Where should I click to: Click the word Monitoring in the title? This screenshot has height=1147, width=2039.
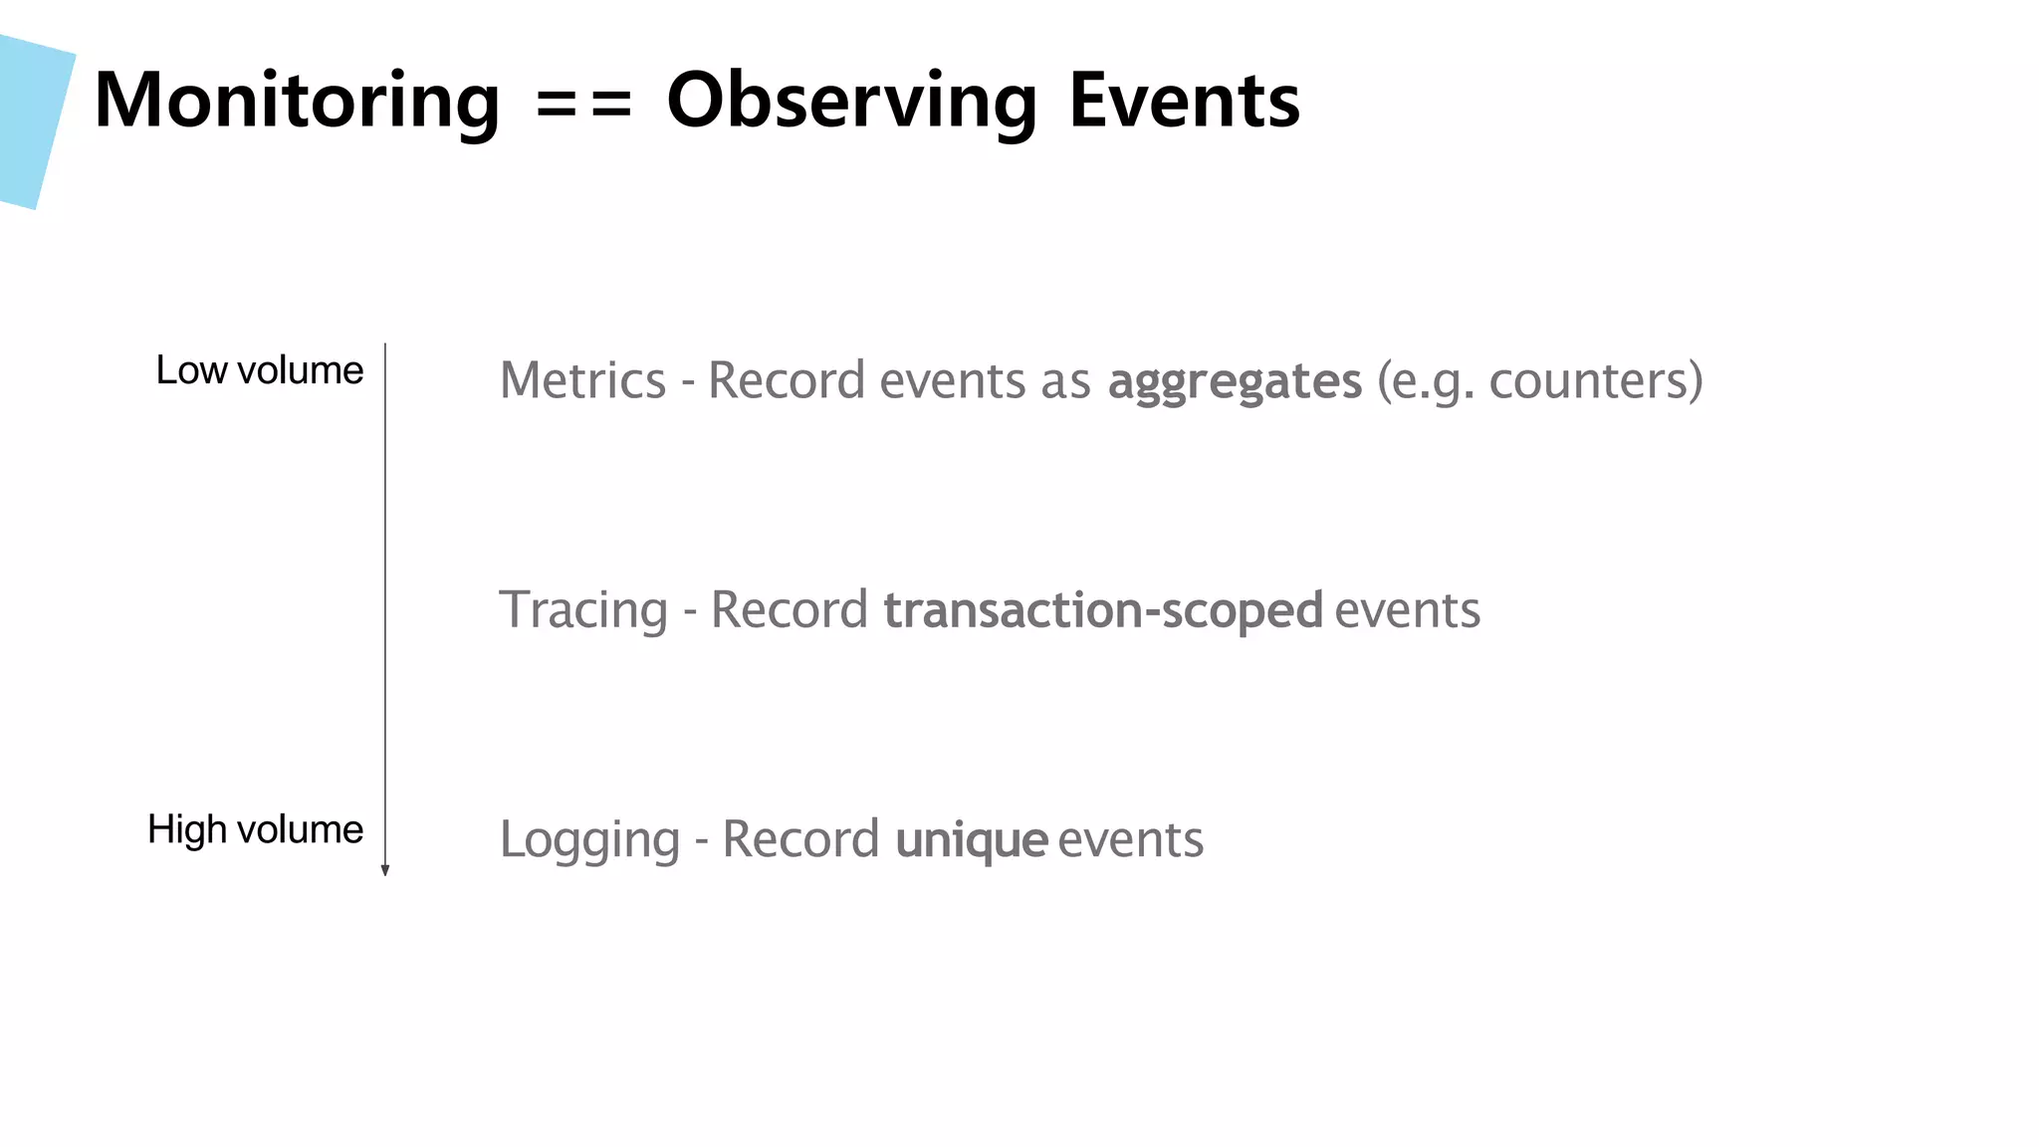[297, 102]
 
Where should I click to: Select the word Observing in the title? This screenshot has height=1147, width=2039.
[852, 102]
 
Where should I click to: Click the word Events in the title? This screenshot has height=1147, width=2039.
[1184, 102]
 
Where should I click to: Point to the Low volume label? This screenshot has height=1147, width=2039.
[260, 370]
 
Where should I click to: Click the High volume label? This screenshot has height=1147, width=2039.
[256, 829]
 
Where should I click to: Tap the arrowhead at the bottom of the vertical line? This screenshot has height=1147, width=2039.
[385, 871]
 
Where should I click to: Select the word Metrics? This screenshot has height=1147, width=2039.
[582, 380]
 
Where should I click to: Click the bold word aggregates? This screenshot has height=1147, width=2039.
[1235, 381]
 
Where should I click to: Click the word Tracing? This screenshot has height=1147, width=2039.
[582, 610]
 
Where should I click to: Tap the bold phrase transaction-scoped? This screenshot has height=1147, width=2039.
[1103, 610]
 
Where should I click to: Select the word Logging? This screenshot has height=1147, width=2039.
[589, 839]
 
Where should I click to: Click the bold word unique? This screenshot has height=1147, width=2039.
[972, 839]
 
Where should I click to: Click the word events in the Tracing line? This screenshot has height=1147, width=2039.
[1407, 610]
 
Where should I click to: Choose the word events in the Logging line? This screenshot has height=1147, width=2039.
[1130, 839]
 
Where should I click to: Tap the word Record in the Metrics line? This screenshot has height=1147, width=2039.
[787, 380]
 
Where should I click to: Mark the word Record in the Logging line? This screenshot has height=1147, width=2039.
[800, 839]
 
